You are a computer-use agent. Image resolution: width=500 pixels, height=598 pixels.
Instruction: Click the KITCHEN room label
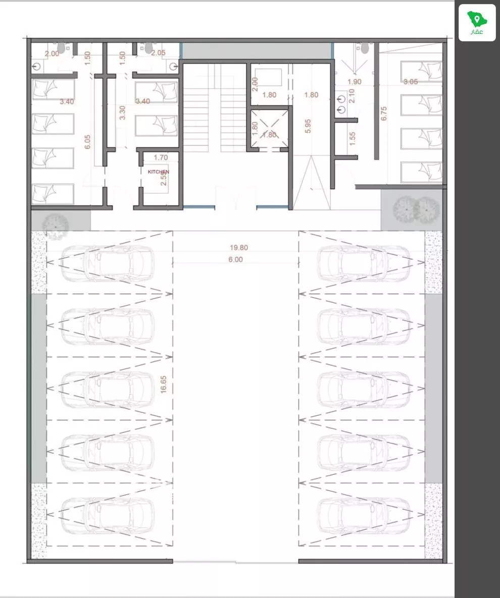tap(158, 172)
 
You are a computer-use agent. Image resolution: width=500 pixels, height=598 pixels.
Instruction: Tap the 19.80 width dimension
tap(239, 248)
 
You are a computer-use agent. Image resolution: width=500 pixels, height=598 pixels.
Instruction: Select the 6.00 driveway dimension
tap(235, 259)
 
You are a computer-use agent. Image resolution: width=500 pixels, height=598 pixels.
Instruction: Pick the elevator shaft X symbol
tap(270, 129)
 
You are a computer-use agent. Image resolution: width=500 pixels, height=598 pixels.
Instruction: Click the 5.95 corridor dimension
tap(308, 126)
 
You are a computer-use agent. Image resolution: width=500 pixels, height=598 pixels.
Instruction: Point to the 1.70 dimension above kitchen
tap(160, 157)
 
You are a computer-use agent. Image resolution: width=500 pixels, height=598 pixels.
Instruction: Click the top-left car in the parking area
tap(107, 263)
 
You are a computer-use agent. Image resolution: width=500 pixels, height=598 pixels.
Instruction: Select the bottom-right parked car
tap(364, 516)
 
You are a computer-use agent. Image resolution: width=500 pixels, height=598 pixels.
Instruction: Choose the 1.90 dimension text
tap(355, 82)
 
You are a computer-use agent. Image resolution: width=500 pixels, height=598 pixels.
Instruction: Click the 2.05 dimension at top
tap(158, 52)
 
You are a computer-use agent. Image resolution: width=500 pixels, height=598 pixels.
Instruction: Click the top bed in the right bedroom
tap(421, 71)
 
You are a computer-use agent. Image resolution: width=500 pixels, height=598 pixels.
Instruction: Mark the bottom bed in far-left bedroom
tap(53, 194)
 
